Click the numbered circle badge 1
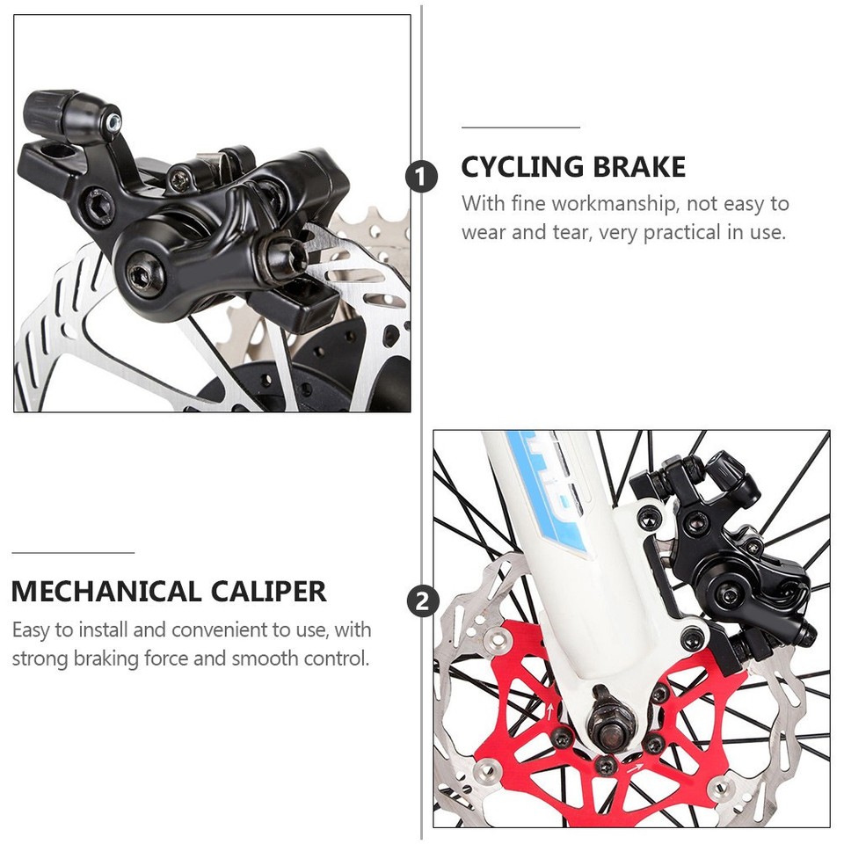pos(421,177)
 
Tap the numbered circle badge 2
pos(423,603)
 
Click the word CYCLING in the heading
pos(522,167)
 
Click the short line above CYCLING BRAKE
pos(520,127)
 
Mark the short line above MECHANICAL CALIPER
pos(72,553)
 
